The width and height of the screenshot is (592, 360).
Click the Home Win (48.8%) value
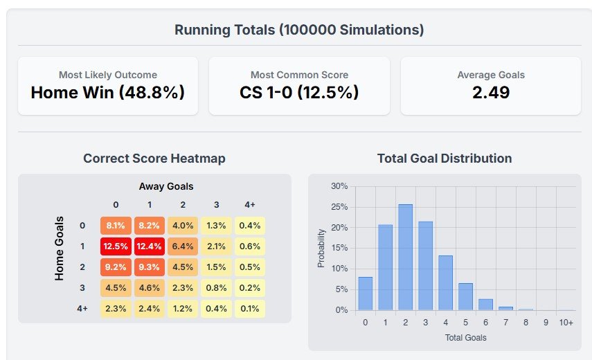coord(108,92)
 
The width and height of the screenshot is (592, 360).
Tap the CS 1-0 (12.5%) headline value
coord(299,92)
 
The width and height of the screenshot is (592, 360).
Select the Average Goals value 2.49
coord(491,92)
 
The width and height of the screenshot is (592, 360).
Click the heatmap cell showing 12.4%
coord(149,246)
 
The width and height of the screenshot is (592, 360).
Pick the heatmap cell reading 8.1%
coord(116,225)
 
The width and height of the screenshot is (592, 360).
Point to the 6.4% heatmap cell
coord(183,246)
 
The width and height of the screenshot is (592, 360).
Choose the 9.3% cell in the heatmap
coord(149,267)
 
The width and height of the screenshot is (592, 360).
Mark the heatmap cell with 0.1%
coord(250,309)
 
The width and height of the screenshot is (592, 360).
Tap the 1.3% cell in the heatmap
coord(216,225)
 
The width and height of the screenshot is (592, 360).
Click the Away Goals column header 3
coord(216,204)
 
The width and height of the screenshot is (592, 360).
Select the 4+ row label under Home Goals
coord(83,309)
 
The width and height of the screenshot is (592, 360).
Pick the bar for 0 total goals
coord(366,294)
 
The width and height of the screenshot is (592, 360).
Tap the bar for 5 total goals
coord(466,296)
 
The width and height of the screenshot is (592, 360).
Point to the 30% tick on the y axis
coord(339,186)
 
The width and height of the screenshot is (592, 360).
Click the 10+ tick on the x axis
coord(566,322)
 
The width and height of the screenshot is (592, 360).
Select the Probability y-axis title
coord(321,249)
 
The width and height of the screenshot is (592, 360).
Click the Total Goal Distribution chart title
coord(445,159)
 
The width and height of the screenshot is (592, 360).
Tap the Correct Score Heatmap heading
coord(154,159)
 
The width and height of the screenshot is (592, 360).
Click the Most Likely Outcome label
coord(108,75)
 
